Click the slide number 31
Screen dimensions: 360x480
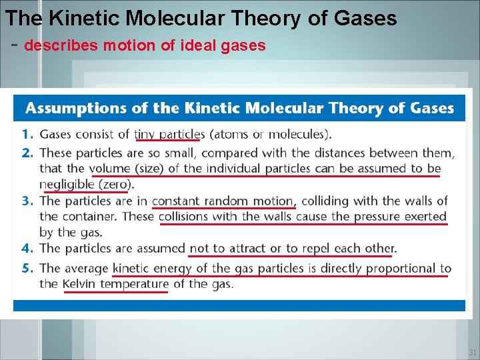[x=472, y=353]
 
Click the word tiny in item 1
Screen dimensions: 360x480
[x=145, y=135]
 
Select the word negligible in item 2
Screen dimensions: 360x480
[x=67, y=184]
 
